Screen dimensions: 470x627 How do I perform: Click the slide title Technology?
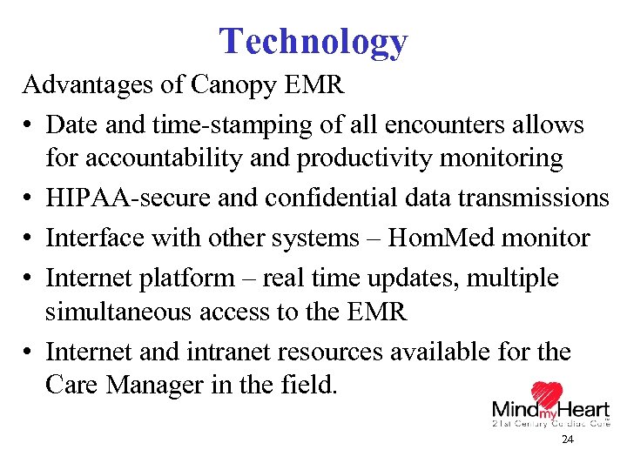click(313, 41)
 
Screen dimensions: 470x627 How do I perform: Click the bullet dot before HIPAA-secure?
click(30, 199)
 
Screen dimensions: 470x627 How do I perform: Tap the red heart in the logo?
click(547, 398)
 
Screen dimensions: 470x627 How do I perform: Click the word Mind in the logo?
click(514, 409)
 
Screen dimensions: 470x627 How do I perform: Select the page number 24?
click(568, 440)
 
